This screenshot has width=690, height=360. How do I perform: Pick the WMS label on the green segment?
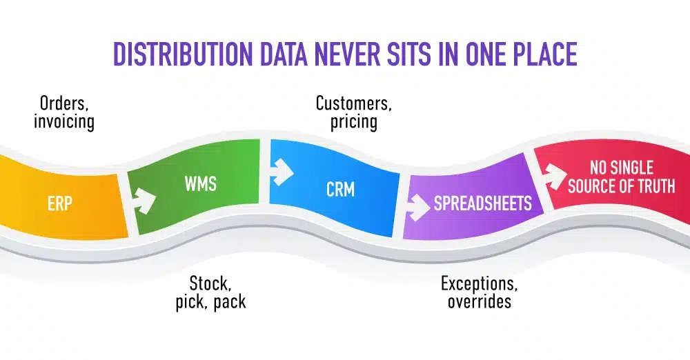click(201, 184)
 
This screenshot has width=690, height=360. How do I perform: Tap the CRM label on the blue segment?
click(340, 189)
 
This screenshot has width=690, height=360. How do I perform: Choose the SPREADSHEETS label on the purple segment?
click(482, 203)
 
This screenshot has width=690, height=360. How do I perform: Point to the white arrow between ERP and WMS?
click(143, 201)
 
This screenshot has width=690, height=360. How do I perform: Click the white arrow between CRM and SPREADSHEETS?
click(418, 206)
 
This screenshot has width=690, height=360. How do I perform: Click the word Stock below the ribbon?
click(210, 283)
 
